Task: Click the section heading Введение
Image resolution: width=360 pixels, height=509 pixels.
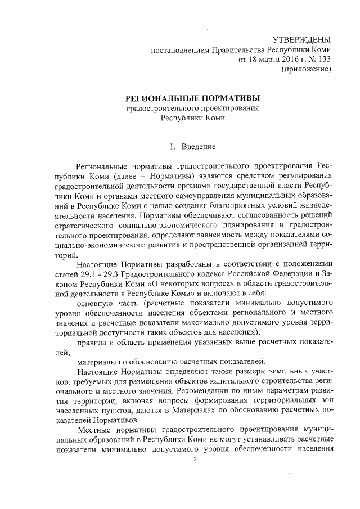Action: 199,147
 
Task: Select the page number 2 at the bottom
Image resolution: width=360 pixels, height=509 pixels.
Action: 195,460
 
